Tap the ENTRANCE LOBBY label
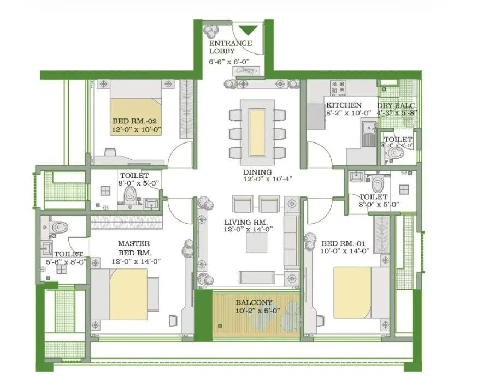coord(230,47)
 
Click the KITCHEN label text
coord(344,105)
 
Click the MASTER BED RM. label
coord(134,248)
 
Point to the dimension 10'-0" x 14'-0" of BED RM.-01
coord(346,250)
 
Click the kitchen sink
coord(369,129)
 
